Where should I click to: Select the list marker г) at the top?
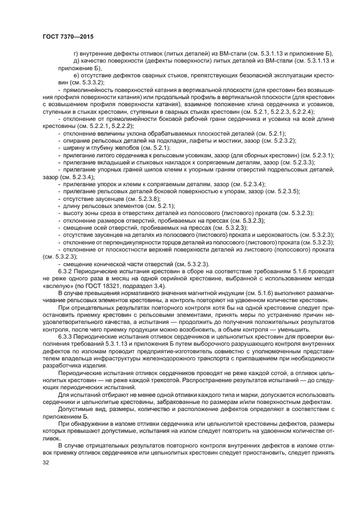pyautogui.click(x=76, y=53)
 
